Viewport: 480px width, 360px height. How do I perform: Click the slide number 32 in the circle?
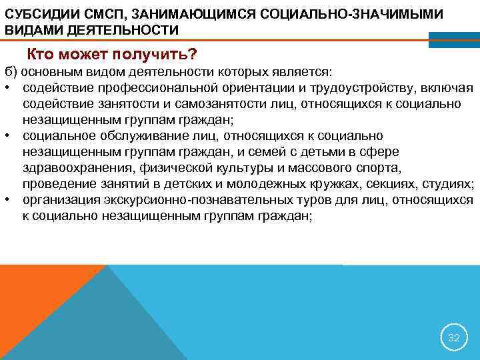click(453, 338)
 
